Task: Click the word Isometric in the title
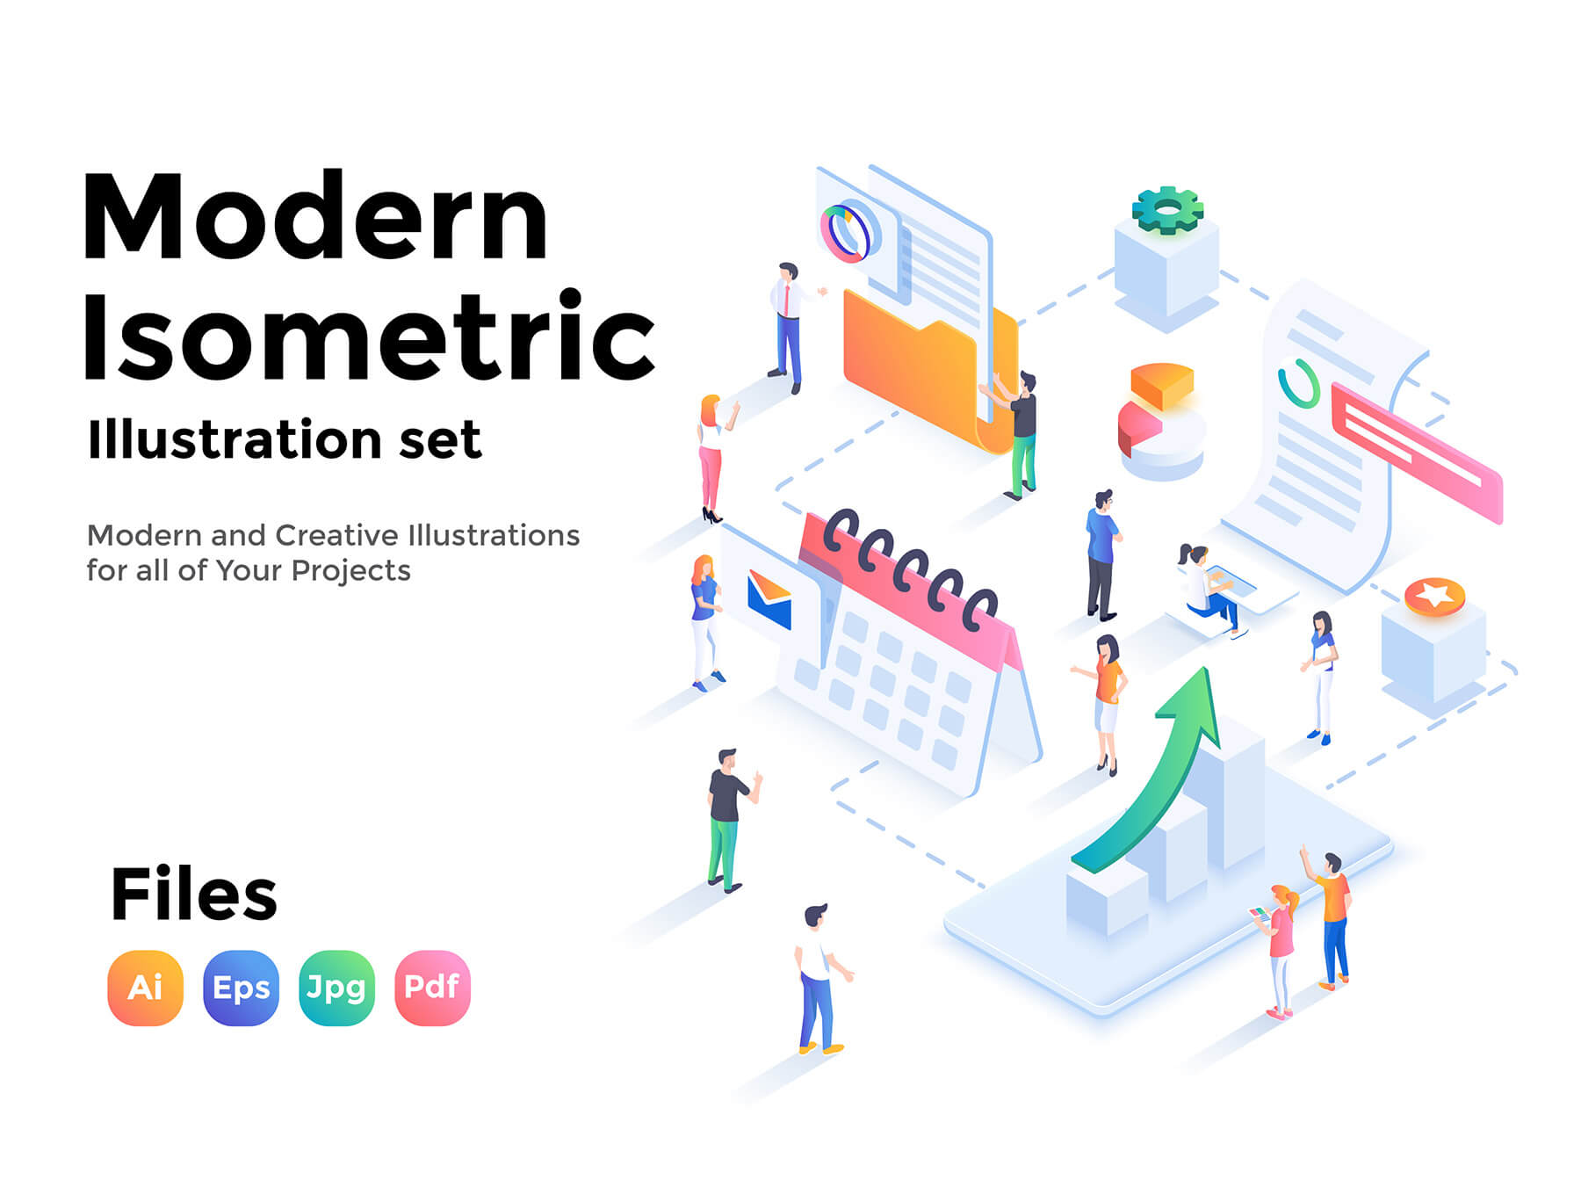point(369,336)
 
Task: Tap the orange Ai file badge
point(145,988)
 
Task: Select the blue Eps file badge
point(241,988)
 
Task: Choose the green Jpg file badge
point(336,988)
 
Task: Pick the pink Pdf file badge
point(432,988)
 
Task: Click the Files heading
point(193,894)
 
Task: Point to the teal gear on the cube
point(1167,210)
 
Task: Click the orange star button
point(1434,597)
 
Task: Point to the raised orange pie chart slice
point(1161,385)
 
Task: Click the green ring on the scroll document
point(1299,383)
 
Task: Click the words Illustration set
point(285,438)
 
